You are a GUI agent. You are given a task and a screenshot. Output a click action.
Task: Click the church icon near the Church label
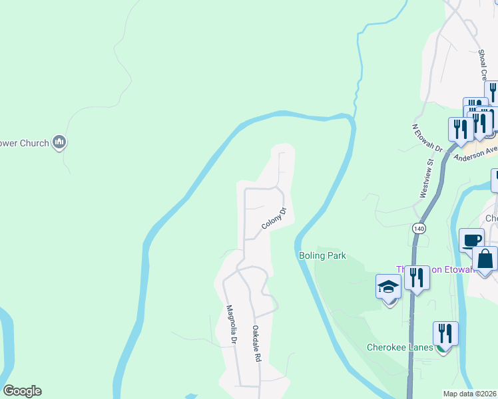click(x=60, y=142)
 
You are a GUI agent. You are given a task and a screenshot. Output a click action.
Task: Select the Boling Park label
click(x=322, y=255)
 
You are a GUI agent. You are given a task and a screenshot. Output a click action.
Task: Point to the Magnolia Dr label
click(x=231, y=325)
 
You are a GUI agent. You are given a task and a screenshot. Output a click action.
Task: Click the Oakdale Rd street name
click(x=256, y=343)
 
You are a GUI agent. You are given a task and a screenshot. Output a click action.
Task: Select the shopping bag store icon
click(x=485, y=259)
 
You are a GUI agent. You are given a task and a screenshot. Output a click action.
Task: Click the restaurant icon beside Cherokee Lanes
click(x=445, y=332)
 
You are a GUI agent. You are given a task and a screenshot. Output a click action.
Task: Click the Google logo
click(x=22, y=391)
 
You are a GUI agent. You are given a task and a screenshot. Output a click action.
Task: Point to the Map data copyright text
click(x=470, y=394)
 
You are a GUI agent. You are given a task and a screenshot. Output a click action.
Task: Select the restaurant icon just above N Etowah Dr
click(x=461, y=128)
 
